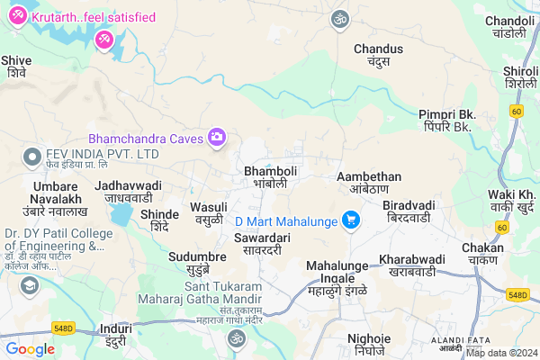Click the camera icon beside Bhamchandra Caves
tap(216, 138)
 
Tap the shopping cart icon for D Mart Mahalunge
tap(350, 220)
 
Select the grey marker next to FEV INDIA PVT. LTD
tap(32, 154)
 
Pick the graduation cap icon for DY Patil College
tap(29, 285)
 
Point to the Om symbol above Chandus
tap(339, 18)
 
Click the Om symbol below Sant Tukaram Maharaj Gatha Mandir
tap(236, 338)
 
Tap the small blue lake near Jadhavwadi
tap(119, 214)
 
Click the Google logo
tap(30, 348)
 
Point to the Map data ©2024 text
tap(500, 352)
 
